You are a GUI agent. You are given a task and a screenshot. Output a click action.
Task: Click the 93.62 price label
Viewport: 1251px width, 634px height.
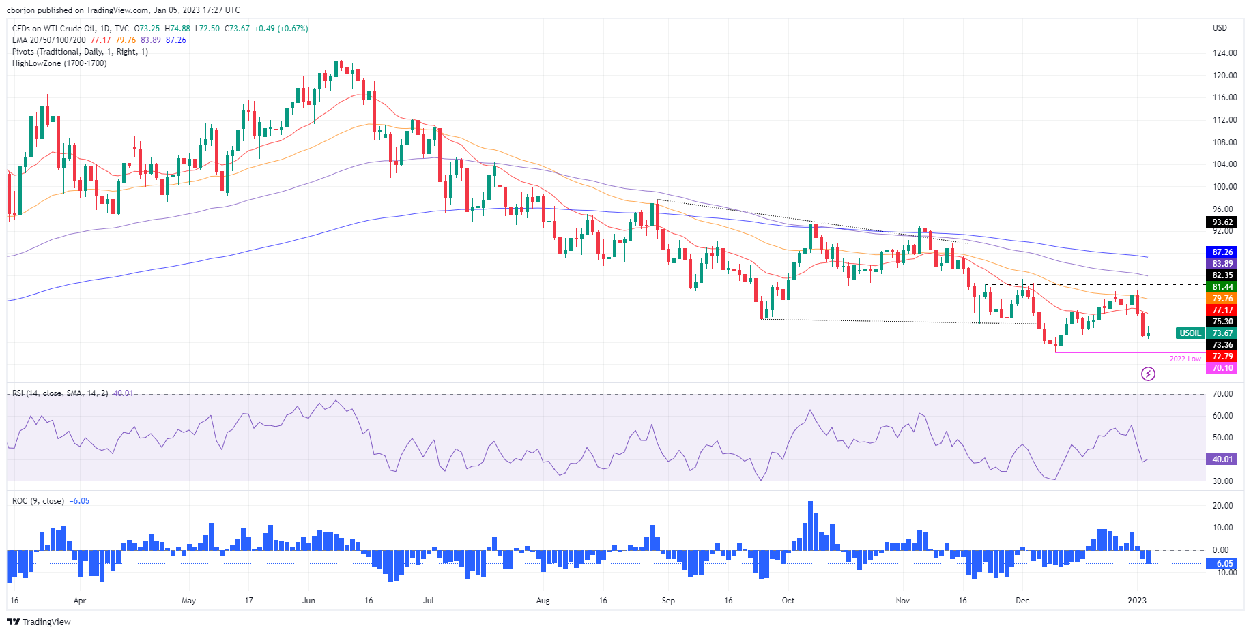(x=1222, y=222)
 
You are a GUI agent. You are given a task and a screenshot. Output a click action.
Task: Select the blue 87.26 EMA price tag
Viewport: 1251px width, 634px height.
(x=1222, y=252)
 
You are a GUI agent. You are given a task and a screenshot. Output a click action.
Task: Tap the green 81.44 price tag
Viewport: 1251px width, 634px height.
(x=1222, y=287)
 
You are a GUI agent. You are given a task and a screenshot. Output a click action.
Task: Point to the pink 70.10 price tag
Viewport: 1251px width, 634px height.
(x=1222, y=368)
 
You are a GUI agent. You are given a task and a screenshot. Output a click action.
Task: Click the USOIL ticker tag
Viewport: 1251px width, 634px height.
(x=1190, y=333)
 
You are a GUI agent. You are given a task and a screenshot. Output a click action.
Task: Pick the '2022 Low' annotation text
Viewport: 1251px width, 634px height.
(x=1185, y=359)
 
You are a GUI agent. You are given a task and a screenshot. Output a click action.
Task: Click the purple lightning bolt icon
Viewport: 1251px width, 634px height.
(x=1148, y=374)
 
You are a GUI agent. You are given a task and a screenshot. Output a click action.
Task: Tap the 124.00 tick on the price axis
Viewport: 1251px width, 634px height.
(x=1224, y=53)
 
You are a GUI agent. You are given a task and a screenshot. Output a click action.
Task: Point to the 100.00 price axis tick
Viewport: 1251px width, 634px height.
(x=1224, y=187)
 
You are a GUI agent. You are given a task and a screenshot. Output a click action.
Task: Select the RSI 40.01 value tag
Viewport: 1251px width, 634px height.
(x=1222, y=459)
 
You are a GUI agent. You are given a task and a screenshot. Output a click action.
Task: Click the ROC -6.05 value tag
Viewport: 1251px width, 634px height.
(x=1222, y=564)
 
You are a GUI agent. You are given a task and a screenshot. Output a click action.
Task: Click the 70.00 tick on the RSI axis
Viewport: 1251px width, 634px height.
(x=1222, y=394)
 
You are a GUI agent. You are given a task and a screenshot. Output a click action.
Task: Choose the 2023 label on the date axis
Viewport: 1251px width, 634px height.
(x=1137, y=601)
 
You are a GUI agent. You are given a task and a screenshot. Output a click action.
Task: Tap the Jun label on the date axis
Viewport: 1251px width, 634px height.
(x=308, y=601)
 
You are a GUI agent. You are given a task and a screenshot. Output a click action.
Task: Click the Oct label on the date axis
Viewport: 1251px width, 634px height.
(x=788, y=601)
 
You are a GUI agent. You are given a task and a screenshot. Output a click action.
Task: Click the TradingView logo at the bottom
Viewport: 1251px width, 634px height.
(x=39, y=622)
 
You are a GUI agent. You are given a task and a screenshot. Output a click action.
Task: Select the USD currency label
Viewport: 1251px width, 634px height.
(x=1220, y=28)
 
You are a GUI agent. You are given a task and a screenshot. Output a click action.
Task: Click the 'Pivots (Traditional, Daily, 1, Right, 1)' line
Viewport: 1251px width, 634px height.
(x=80, y=52)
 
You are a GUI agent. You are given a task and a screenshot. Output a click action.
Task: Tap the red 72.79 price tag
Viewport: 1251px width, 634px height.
(x=1222, y=357)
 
